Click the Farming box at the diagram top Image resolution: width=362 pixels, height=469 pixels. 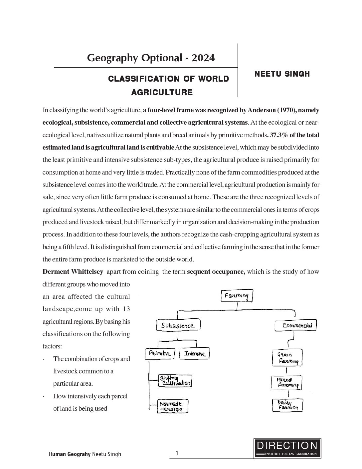[x=237, y=296]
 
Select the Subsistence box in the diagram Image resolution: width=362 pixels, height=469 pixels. [x=178, y=325]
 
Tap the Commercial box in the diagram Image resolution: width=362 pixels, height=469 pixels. [x=295, y=325]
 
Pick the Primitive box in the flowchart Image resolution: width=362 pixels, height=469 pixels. [x=160, y=353]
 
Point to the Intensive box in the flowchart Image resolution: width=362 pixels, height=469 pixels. [x=195, y=353]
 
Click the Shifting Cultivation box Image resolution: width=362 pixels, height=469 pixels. [x=175, y=381]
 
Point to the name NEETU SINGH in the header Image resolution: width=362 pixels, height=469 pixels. [x=282, y=74]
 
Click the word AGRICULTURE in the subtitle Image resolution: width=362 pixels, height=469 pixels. [x=162, y=92]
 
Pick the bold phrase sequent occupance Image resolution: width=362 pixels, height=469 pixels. [x=216, y=271]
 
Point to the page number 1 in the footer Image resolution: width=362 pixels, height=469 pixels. [x=177, y=453]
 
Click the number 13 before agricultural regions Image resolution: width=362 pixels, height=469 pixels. [x=126, y=309]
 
